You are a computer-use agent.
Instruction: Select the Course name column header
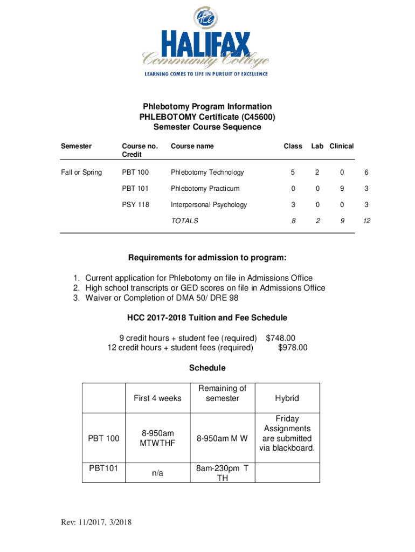click(x=192, y=146)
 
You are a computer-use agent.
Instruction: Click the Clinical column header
click(x=342, y=146)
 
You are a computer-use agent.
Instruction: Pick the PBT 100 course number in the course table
click(x=135, y=172)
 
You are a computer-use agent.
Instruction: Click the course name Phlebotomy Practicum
click(x=205, y=189)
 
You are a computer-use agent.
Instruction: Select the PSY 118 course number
click(x=135, y=205)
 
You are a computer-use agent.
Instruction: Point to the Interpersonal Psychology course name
click(x=209, y=205)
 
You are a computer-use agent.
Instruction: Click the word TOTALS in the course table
click(x=185, y=221)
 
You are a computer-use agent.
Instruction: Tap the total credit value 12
click(x=366, y=221)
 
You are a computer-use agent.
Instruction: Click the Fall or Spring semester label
click(x=81, y=172)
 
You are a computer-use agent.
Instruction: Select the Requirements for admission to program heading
click(x=207, y=256)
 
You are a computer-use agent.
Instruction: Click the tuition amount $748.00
click(x=281, y=338)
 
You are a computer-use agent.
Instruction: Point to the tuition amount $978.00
click(x=293, y=348)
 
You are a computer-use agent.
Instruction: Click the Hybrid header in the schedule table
click(x=287, y=398)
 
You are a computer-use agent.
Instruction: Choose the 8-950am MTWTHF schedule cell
click(x=157, y=439)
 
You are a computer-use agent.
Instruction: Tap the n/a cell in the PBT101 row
click(x=157, y=473)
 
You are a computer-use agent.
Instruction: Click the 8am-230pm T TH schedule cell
click(x=222, y=473)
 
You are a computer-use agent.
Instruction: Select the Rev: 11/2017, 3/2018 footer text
click(x=97, y=522)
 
